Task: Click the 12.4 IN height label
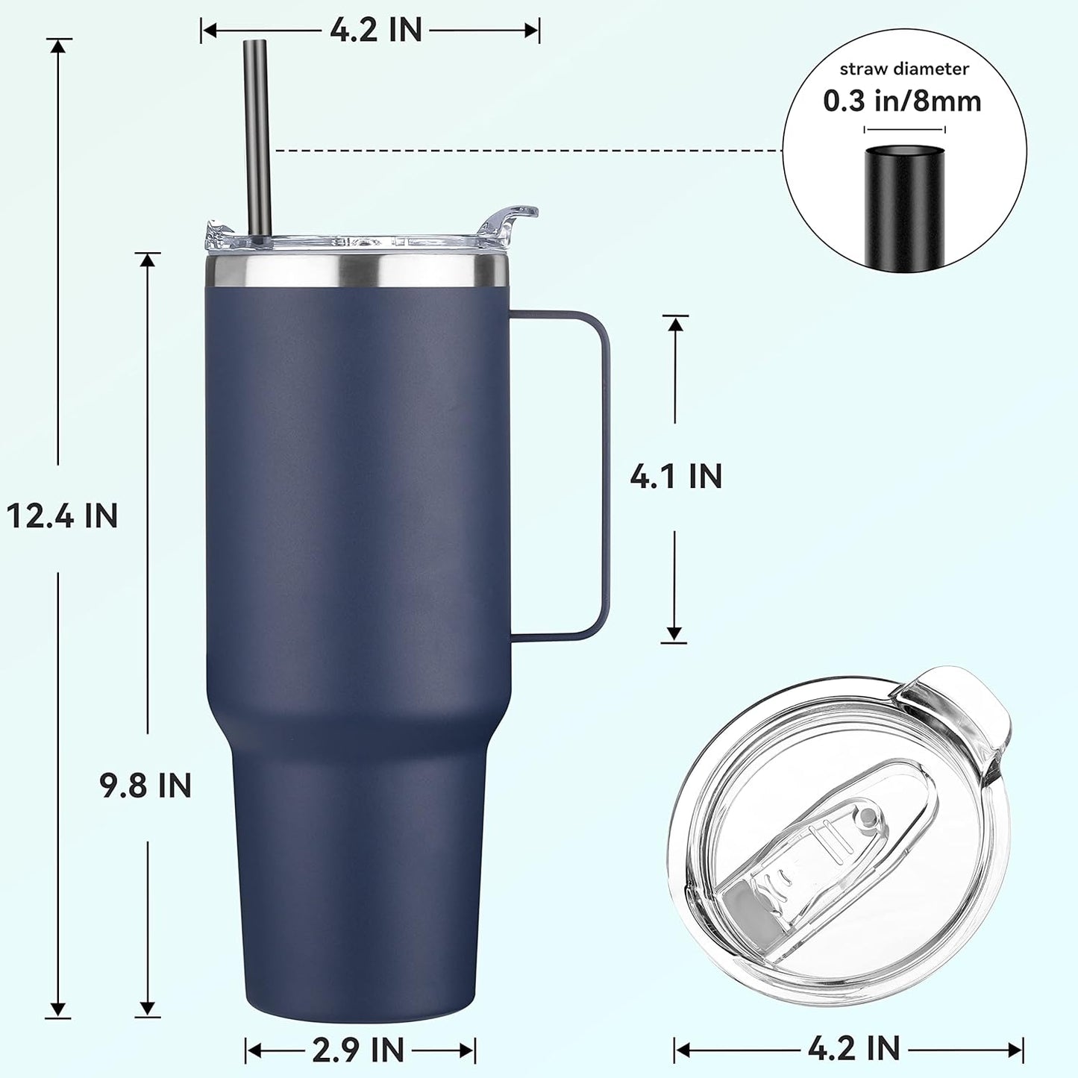62,516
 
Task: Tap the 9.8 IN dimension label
146,786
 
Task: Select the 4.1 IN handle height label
676,476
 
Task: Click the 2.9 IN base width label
358,1050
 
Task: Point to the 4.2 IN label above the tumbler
376,31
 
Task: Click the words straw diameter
904,69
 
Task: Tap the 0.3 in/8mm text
902,101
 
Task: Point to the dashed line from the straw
522,151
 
